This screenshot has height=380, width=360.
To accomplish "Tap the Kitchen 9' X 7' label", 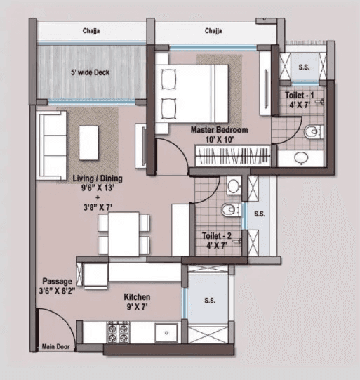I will coord(137,302).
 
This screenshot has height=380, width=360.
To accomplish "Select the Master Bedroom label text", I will coord(220,135).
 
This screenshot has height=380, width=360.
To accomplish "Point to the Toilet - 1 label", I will coord(300,99).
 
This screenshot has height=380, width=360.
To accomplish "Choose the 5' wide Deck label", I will coord(90,72).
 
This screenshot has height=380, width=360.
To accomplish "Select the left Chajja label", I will coord(91,31).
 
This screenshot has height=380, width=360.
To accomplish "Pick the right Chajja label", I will coord(215,31).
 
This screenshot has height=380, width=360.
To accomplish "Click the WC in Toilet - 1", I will coord(311,131).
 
